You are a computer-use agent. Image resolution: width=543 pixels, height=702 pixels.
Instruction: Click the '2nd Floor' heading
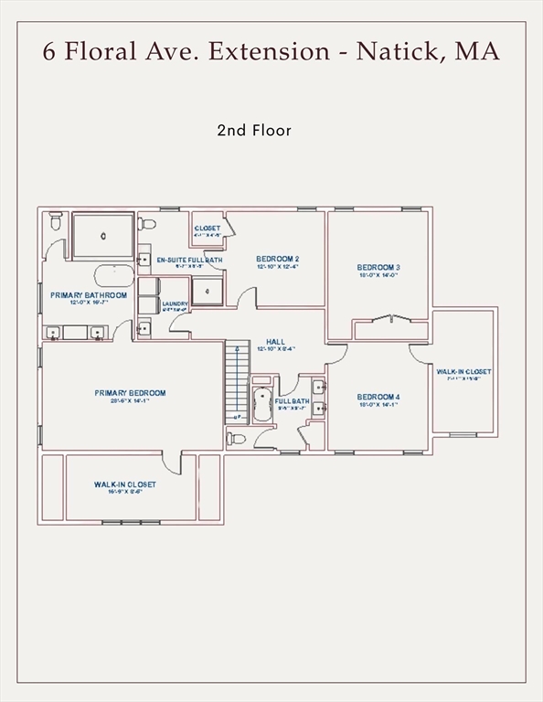coord(254,131)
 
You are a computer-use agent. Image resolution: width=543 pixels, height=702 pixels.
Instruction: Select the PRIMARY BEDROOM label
coord(130,393)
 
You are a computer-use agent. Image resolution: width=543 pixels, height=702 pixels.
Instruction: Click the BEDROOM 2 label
coord(277,259)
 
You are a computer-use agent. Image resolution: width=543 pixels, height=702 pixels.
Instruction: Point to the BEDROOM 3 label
coord(378,268)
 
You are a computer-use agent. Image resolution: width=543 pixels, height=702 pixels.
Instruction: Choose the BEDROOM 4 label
coord(378,397)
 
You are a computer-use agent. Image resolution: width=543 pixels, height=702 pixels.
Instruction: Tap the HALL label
coord(275,342)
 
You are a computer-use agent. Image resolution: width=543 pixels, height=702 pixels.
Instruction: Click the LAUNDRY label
coord(175,304)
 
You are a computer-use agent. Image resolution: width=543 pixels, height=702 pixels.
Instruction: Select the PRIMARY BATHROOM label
coord(89,295)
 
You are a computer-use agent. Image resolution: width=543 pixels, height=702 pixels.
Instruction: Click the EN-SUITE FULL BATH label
coord(189,261)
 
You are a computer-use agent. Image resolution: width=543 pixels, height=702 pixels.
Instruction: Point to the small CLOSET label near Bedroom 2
coord(208,229)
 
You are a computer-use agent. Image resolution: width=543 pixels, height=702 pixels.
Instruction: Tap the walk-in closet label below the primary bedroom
coord(124,484)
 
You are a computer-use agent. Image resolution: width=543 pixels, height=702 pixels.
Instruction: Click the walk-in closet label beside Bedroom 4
coord(463,372)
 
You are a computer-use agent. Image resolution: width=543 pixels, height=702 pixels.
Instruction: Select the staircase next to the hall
coord(237,381)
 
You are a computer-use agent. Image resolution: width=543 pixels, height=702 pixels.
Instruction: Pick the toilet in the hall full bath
coord(237,439)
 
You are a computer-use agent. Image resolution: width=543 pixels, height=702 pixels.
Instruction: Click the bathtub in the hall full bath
coord(262,403)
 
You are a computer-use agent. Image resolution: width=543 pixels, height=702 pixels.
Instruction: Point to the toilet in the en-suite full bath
coord(148,223)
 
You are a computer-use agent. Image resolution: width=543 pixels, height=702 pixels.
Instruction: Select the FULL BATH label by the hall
coord(292,401)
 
